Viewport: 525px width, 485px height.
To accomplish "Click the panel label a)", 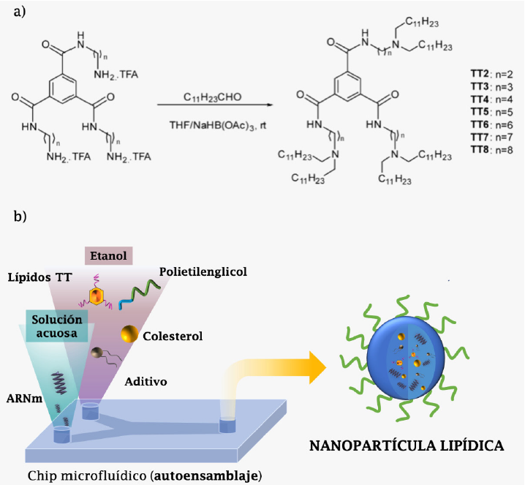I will (x=15, y=12).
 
